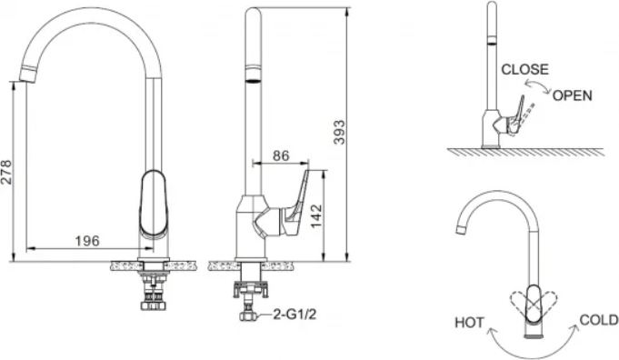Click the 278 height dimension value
pyautogui.click(x=6, y=172)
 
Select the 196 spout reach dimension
pyautogui.click(x=87, y=240)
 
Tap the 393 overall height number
pyautogui.click(x=339, y=132)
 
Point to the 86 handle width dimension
pyautogui.click(x=281, y=155)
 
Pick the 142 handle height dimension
pyautogui.click(x=316, y=215)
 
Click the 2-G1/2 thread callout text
pyautogui.click(x=295, y=315)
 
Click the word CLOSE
pyautogui.click(x=524, y=69)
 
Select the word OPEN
pyautogui.click(x=572, y=95)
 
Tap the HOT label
pyautogui.click(x=469, y=323)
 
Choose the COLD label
pyautogui.click(x=598, y=320)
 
